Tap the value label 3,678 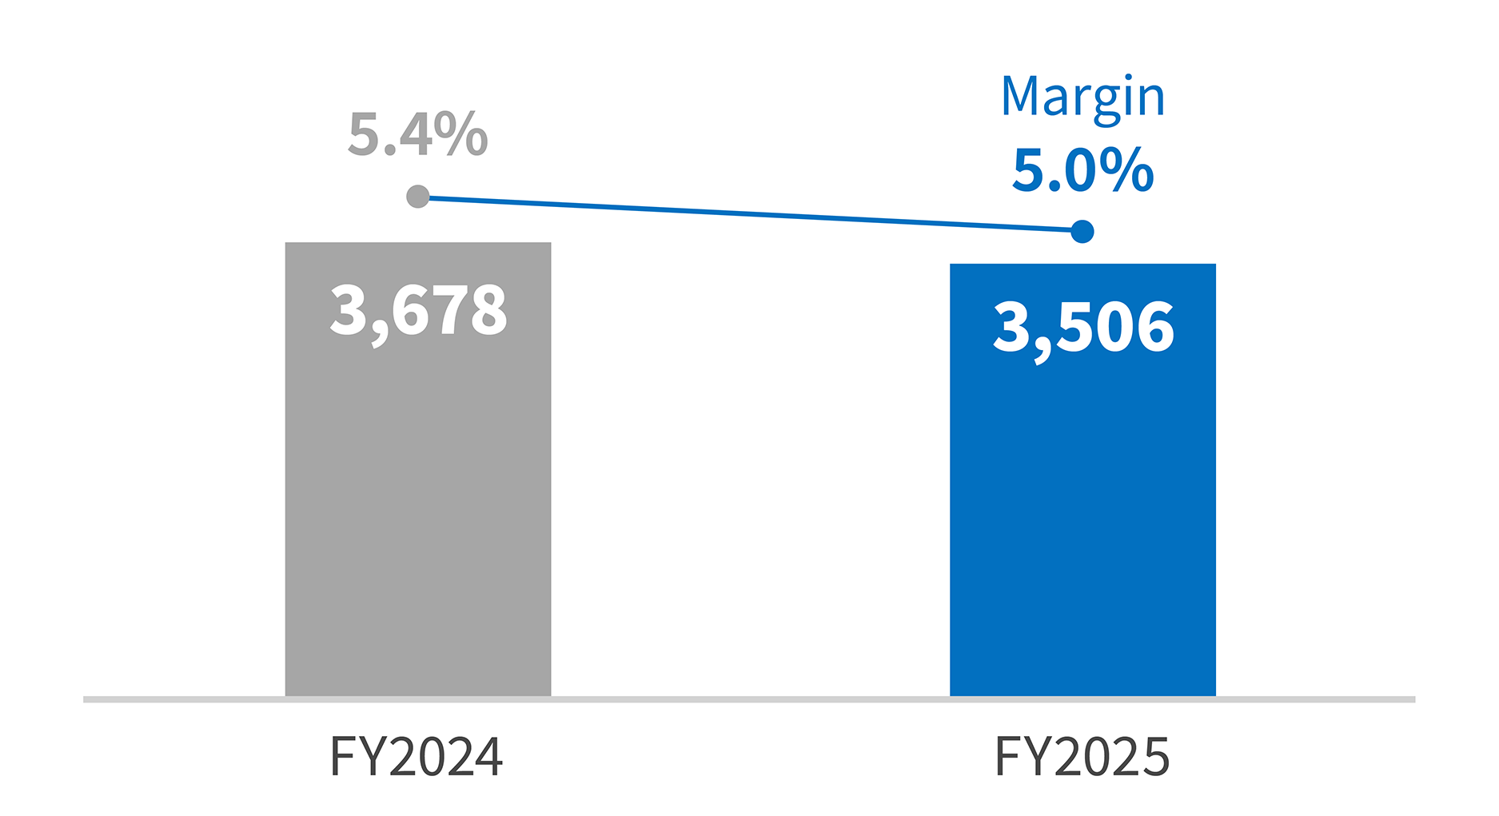[418, 310]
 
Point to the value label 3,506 [1083, 328]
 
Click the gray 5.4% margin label [417, 134]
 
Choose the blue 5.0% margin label [1082, 170]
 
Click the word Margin [1082, 98]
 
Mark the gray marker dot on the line [417, 197]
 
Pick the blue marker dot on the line [1082, 232]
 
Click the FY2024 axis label [416, 757]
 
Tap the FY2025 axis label [1082, 757]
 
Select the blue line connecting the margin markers [750, 214]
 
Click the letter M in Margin [1020, 96]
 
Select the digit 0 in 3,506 [1115, 328]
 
